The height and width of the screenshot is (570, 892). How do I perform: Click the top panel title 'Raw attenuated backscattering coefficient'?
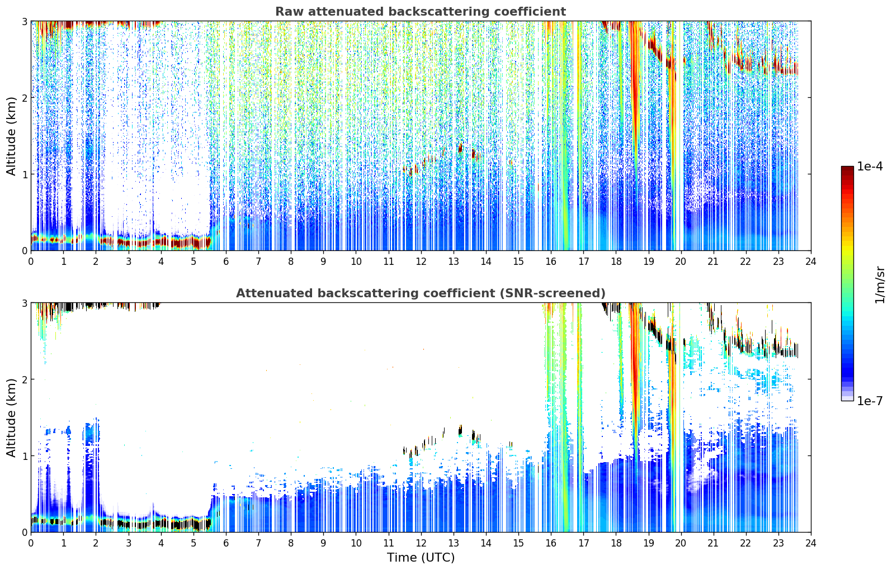(421, 12)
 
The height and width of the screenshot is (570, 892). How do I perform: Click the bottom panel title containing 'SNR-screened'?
(421, 293)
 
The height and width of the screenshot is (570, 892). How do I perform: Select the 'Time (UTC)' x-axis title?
(421, 558)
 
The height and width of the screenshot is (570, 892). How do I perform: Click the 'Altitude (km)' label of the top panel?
(11, 136)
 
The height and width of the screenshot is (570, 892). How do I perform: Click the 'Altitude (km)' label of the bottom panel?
(11, 417)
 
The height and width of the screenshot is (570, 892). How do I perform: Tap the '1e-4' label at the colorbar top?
(870, 167)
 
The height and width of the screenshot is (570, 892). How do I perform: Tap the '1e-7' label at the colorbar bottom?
(870, 401)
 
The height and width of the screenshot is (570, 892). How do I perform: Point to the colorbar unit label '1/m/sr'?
(880, 285)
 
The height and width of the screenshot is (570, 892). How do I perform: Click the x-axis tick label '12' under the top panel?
(421, 262)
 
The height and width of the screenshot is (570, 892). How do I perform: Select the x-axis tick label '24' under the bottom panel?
(811, 543)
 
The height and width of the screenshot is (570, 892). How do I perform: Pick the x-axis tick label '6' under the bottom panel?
(226, 543)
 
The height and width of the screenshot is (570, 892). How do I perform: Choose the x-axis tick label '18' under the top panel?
(616, 262)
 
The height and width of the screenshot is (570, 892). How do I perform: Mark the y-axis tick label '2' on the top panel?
(24, 98)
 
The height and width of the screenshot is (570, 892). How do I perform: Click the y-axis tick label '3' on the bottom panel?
(24, 303)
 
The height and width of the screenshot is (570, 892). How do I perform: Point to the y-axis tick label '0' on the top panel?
(24, 251)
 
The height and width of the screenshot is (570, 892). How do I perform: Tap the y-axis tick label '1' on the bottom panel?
(24, 456)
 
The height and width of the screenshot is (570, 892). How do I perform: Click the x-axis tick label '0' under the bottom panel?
(31, 543)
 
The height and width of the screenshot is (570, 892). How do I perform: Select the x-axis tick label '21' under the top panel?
(713, 262)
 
